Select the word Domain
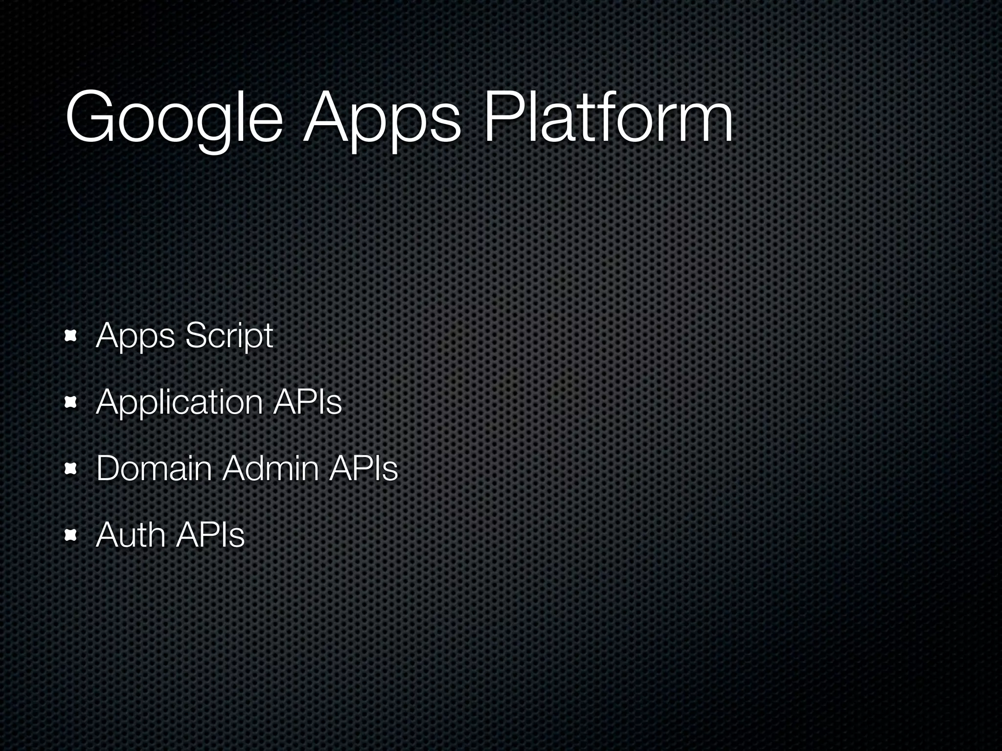click(154, 468)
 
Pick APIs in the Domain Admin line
click(364, 468)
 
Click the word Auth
click(131, 535)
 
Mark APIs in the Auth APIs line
click(210, 535)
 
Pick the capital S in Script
click(195, 336)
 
